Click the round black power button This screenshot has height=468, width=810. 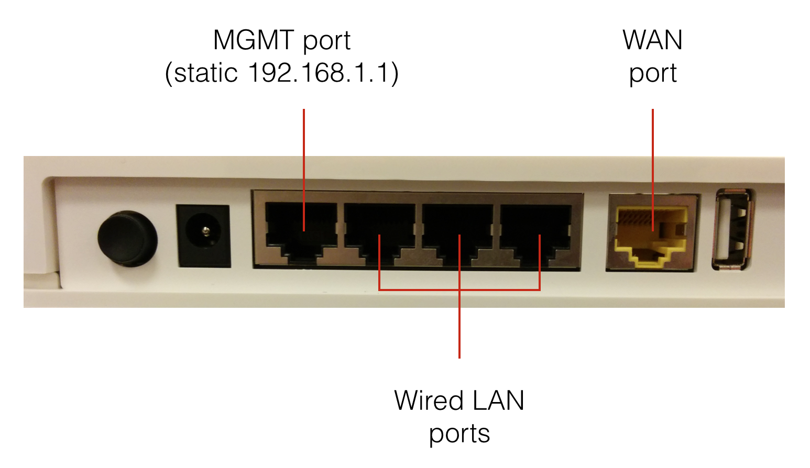[127, 238]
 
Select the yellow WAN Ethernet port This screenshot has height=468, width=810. [652, 233]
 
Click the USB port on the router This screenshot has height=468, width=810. [733, 230]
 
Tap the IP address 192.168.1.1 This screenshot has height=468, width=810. [319, 73]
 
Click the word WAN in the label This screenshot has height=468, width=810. [653, 40]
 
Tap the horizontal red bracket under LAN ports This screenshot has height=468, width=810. [419, 289]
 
